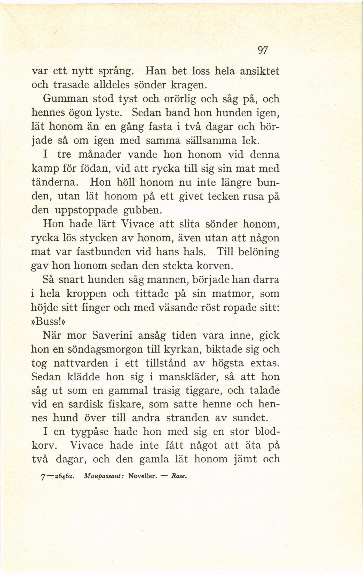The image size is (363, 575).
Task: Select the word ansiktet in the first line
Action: (x=260, y=71)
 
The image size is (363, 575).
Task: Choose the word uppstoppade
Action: (x=86, y=211)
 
